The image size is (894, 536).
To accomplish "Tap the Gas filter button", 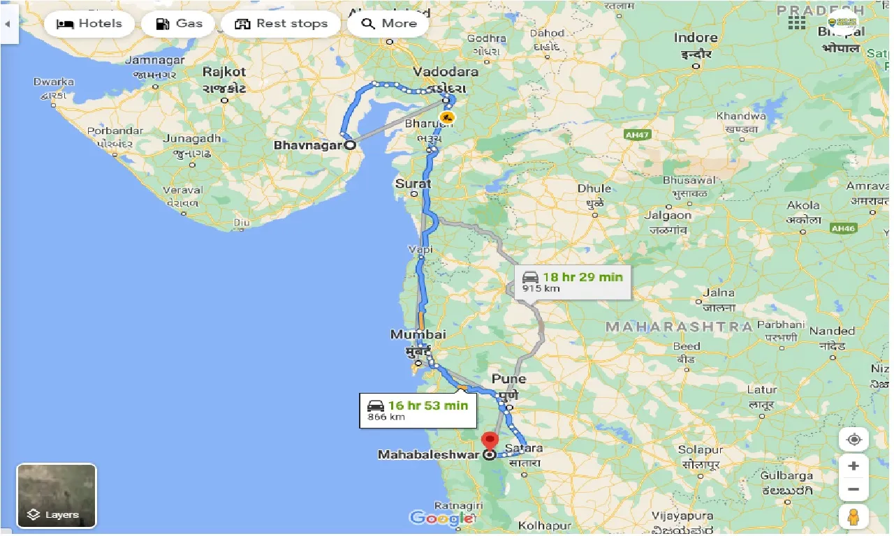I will click(178, 24).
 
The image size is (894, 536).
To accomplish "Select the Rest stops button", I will click(281, 24).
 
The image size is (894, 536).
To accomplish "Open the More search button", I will click(389, 24).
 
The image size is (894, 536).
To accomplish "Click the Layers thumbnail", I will click(57, 496).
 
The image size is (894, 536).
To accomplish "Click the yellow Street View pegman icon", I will click(853, 517).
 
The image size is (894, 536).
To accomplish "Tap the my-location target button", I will click(853, 440).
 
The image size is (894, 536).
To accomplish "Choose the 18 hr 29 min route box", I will click(572, 282).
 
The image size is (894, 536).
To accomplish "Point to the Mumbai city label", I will click(418, 335).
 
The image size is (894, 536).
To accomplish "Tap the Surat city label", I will click(413, 184).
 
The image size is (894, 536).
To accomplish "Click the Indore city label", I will click(696, 38).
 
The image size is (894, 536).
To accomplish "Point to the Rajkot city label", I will click(224, 71).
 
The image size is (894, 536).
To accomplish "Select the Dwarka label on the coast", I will click(54, 82).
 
